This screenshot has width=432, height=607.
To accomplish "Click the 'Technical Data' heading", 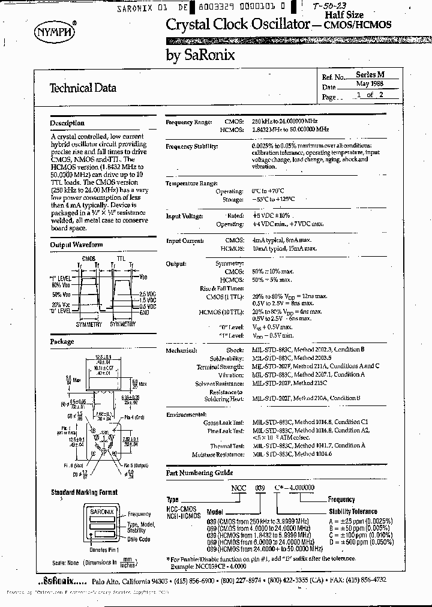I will click(82, 88).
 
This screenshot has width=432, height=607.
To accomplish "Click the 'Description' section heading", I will click(67, 123).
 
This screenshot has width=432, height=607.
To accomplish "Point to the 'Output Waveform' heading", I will click(76, 245).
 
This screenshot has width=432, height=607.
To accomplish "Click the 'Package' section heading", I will click(62, 341).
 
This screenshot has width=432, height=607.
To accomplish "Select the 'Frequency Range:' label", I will click(188, 122).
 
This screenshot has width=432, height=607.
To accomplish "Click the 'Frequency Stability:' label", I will click(191, 146).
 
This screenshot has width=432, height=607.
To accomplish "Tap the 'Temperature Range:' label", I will click(191, 183).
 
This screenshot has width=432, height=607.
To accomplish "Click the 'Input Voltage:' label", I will click(184, 216).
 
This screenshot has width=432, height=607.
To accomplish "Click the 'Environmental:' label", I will click(186, 414).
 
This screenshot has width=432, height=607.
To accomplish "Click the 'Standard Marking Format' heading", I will click(84, 492).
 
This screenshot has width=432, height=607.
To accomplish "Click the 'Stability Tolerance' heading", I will click(353, 512).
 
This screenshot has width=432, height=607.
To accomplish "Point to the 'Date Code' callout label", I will click(139, 539).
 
